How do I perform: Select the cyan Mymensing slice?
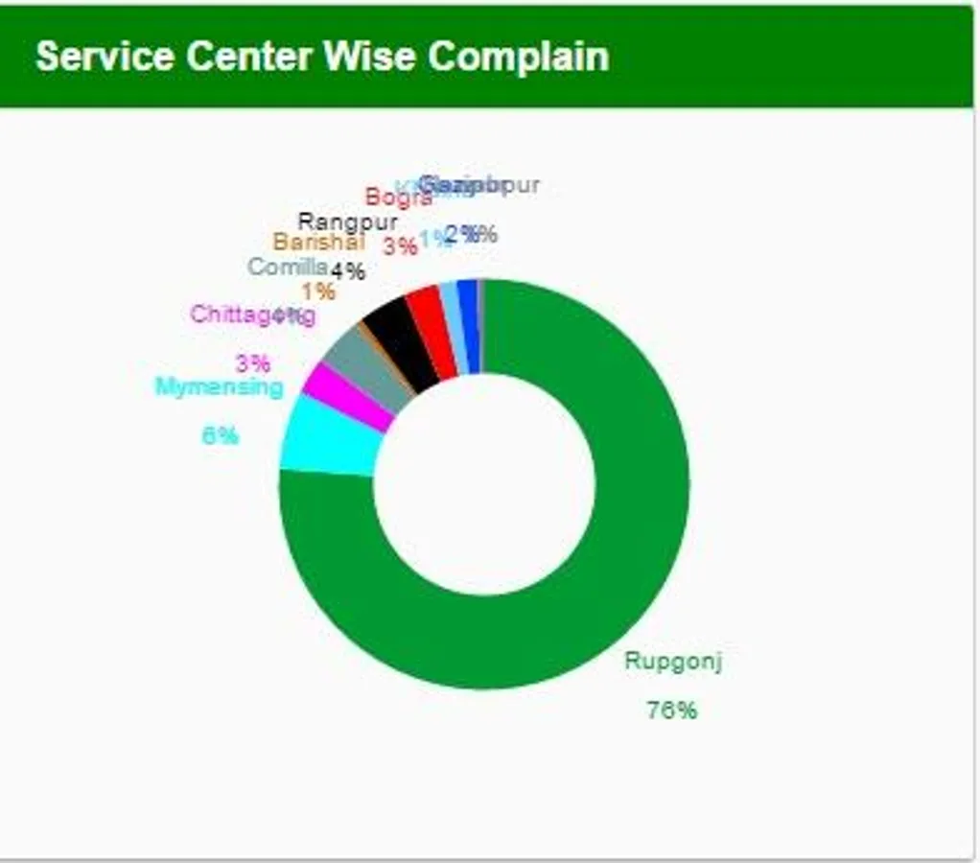point(326,437)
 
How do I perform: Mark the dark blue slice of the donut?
point(468,326)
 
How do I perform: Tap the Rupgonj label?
point(672,661)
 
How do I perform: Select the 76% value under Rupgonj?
point(672,711)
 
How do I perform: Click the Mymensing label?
point(220,387)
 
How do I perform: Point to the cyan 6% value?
point(220,435)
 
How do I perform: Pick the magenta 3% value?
point(253,363)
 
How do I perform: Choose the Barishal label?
point(306,243)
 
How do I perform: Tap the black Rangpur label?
point(347,222)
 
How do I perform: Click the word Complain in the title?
point(519,57)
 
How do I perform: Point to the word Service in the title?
point(105,57)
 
